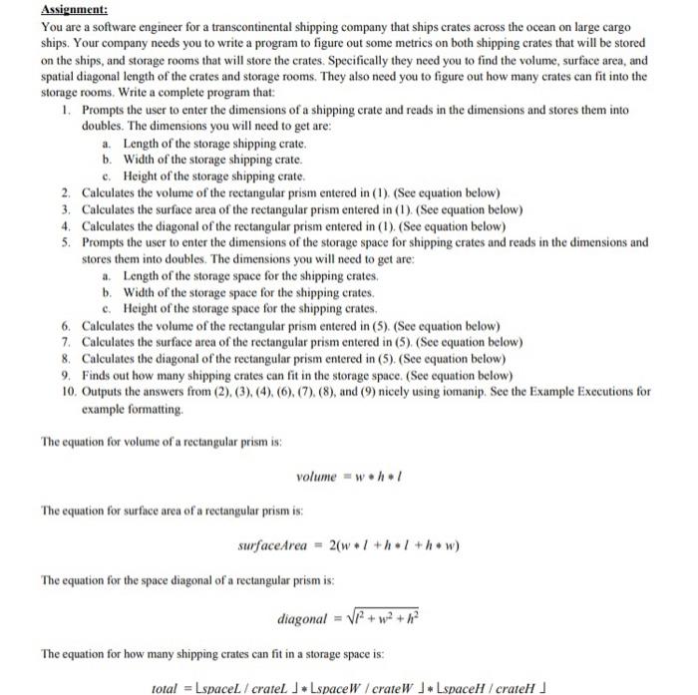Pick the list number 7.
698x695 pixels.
[64, 341]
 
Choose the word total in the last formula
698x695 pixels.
[163, 688]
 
